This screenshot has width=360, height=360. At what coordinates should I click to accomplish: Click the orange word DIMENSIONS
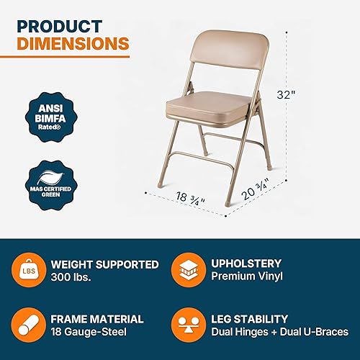(73, 45)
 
